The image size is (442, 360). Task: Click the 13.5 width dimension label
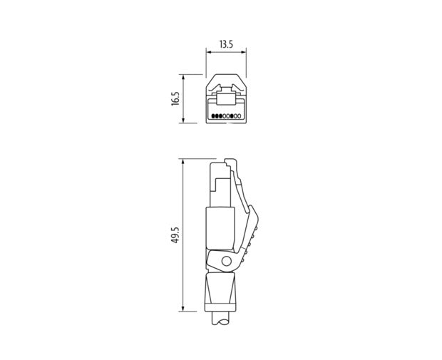[226, 44]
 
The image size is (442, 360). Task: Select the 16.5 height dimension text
[175, 98]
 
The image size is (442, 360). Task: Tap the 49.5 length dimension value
[175, 235]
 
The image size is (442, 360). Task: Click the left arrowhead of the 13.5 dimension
[208, 52]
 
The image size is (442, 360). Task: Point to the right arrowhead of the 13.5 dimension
[244, 52]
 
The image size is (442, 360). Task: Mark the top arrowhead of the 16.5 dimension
[183, 77]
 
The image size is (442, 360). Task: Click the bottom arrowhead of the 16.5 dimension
[183, 120]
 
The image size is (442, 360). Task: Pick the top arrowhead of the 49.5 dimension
[183, 161]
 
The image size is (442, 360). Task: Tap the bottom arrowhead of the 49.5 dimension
[183, 309]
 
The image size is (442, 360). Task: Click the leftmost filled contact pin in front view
[213, 116]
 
